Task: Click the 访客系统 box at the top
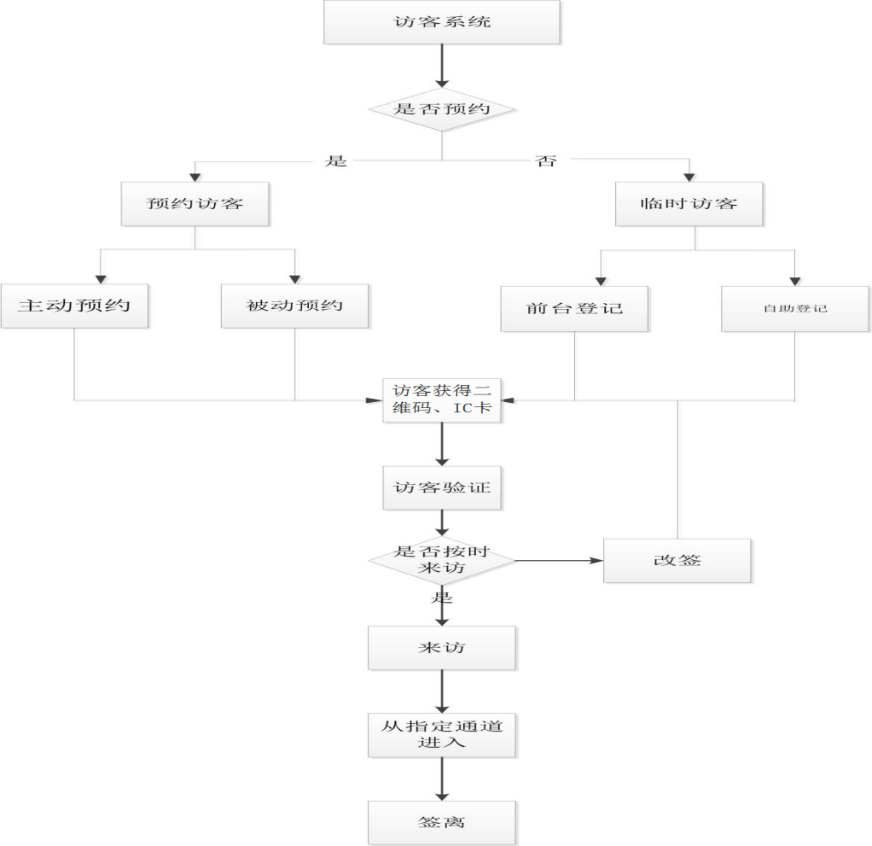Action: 442,22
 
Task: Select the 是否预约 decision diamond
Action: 442,109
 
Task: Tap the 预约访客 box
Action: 195,204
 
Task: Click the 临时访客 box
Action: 689,204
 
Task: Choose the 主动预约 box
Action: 74,306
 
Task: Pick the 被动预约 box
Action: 295,306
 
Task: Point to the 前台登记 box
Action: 574,307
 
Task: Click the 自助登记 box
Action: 795,308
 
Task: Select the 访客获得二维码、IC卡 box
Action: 442,400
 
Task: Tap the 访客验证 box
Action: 442,488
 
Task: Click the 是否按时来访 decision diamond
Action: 442,561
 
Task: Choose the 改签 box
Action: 677,561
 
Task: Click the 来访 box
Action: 442,648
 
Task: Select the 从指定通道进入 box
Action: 442,735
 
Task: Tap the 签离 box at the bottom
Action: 442,823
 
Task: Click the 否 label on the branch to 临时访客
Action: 545,160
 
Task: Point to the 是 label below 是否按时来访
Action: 441,597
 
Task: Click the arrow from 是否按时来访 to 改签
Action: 559,561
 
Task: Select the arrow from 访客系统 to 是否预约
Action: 442,66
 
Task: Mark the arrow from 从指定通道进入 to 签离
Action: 442,779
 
